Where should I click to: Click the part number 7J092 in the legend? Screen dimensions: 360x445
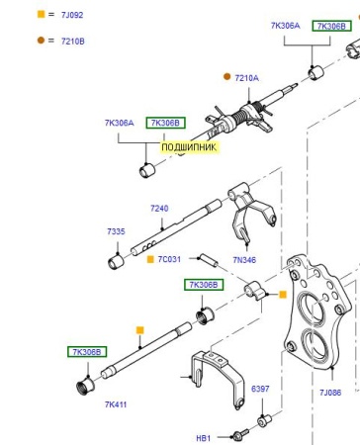tap(72, 15)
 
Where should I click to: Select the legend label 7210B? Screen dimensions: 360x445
tap(73, 42)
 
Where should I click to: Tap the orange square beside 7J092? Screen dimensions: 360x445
tap(41, 14)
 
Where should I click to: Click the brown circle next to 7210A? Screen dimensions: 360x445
tap(226, 76)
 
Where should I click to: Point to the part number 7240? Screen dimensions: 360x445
tap(159, 209)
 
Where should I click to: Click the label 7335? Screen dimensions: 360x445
tap(116, 231)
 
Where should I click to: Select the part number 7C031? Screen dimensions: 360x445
tap(169, 259)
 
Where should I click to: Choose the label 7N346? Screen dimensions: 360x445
tap(244, 260)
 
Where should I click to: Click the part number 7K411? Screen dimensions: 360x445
tap(116, 404)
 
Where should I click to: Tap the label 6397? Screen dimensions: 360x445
tap(260, 389)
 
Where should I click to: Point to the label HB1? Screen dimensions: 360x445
tap(204, 438)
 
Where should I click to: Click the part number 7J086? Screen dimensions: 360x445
tap(330, 393)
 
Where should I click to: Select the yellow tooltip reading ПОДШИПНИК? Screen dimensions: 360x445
tap(189, 147)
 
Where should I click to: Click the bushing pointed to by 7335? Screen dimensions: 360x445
tap(116, 261)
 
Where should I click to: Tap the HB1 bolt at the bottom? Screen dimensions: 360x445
tap(240, 434)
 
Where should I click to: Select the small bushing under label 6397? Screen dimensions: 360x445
tap(264, 421)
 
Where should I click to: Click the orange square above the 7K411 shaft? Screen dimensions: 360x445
tap(140, 330)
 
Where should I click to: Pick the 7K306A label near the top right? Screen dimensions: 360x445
tap(286, 26)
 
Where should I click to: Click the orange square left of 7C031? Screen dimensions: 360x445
tap(150, 259)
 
